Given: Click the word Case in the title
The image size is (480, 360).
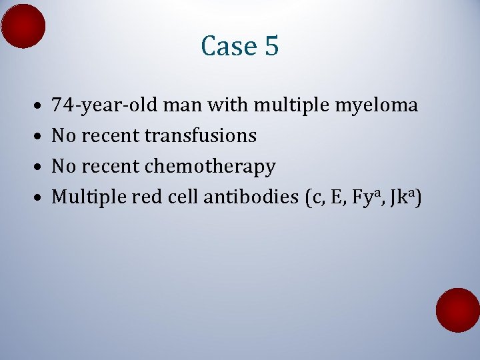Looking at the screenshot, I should (227, 46).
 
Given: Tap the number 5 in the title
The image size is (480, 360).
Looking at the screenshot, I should (271, 46).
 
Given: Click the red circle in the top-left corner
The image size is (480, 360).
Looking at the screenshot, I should (23, 25).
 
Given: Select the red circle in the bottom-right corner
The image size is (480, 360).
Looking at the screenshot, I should (458, 310).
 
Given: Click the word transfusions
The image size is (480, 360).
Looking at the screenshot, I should (200, 136).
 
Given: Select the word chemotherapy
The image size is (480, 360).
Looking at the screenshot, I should (209, 167).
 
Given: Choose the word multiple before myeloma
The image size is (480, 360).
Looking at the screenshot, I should (289, 105).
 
